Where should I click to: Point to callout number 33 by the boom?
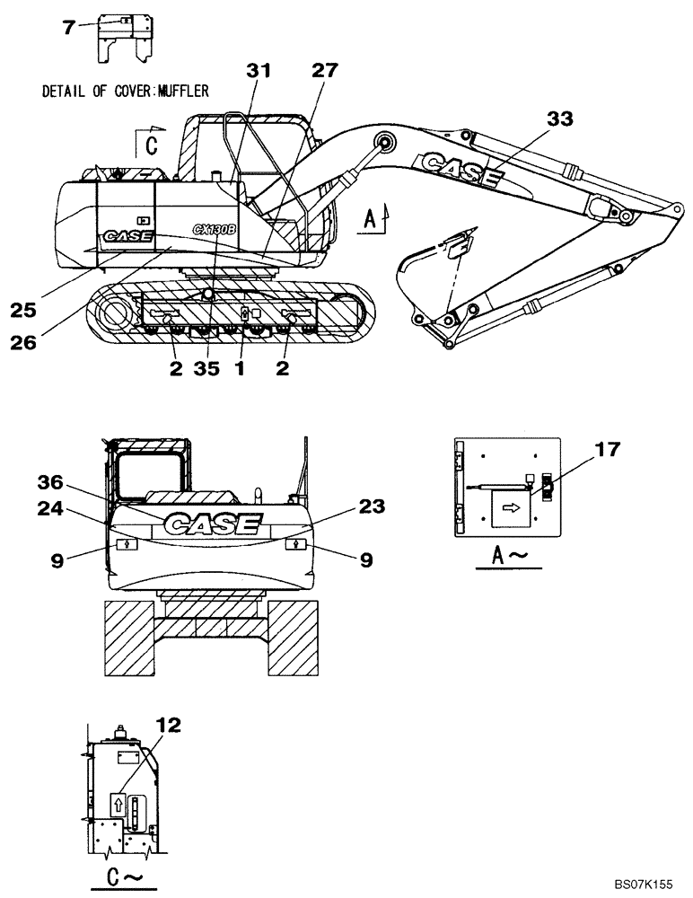pyautogui.click(x=558, y=118)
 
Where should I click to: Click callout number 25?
pyautogui.click(x=23, y=310)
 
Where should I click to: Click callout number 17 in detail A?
pyautogui.click(x=607, y=449)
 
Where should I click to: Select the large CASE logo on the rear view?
pyautogui.click(x=212, y=524)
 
